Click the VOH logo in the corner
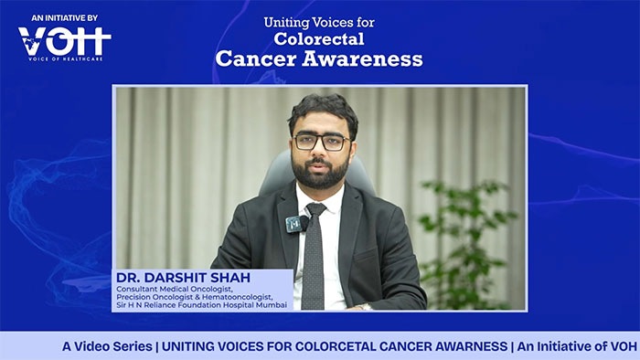pos(65,41)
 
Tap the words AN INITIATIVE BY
pos(65,18)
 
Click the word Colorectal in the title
pos(319,39)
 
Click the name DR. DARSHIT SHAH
pos(183,278)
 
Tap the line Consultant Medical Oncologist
pos(175,289)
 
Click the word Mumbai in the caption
pos(272,305)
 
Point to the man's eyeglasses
pos(322,142)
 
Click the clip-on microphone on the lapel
pos(297,224)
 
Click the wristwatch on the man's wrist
pos(363,306)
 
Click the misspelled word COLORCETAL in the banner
pos(335,346)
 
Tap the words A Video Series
pos(107,346)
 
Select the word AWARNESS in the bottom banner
pos(471,346)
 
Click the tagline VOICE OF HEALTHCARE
pos(65,59)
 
